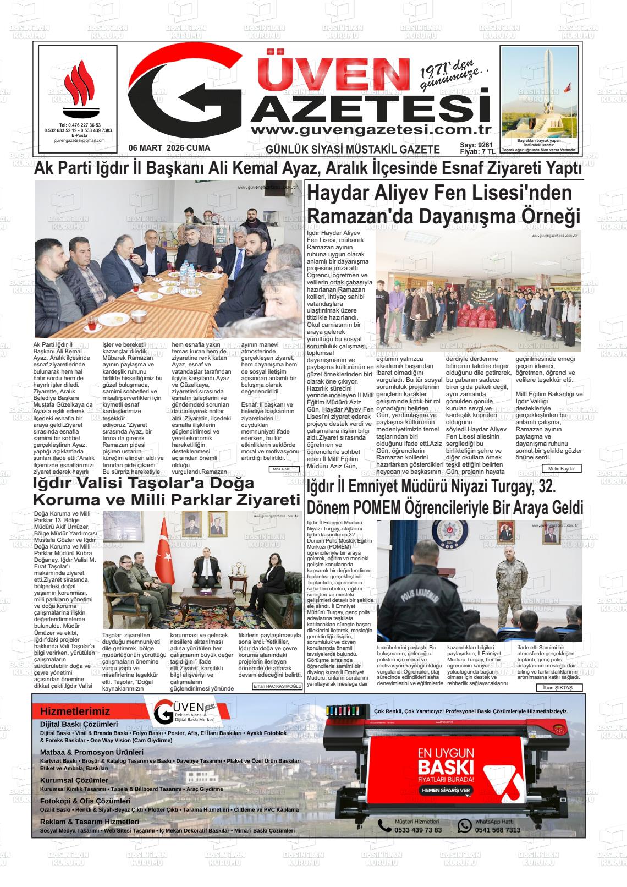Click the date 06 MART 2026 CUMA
169,149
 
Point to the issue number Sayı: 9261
476,145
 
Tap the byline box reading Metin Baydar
562,468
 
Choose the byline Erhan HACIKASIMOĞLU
278,686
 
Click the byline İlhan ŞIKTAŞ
557,688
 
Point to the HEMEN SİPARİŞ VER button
446,790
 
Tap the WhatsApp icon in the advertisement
465,825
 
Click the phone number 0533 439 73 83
418,830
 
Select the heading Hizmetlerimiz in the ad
75,711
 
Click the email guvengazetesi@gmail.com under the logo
79,140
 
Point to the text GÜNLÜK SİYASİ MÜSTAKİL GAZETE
353,150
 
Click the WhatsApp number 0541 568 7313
497,830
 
